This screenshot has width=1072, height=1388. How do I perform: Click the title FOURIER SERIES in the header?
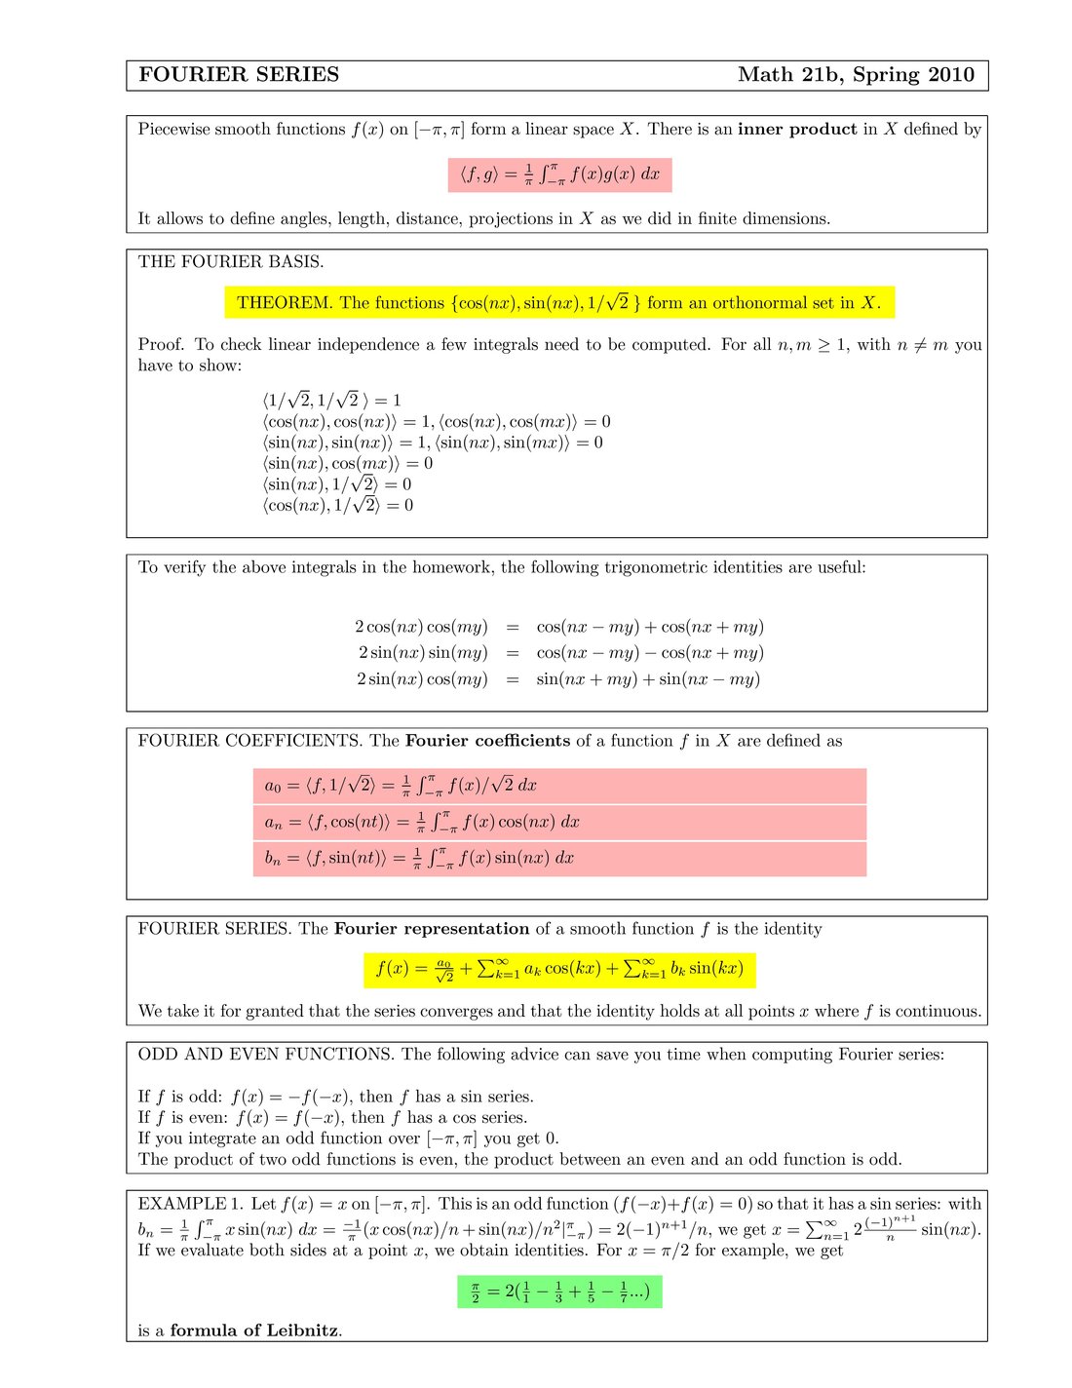click(x=239, y=75)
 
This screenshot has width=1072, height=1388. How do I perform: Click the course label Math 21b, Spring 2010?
click(x=856, y=75)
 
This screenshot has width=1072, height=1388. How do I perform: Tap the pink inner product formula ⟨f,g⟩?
click(x=559, y=174)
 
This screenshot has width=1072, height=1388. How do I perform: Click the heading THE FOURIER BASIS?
click(x=231, y=261)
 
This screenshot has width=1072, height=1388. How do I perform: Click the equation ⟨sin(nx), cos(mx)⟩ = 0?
click(x=347, y=464)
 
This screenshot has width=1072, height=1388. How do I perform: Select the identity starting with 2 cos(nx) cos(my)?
click(x=558, y=627)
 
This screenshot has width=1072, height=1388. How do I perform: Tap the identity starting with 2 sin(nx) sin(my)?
click(x=558, y=653)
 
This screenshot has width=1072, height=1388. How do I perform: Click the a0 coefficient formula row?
click(x=559, y=786)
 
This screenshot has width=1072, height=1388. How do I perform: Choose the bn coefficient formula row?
click(x=559, y=859)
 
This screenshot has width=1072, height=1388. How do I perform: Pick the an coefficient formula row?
click(x=559, y=823)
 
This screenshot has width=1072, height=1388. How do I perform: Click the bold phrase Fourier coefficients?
click(x=487, y=741)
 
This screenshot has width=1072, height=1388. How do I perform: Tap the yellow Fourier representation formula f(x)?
click(x=559, y=969)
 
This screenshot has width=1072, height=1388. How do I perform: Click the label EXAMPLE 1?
click(x=190, y=1204)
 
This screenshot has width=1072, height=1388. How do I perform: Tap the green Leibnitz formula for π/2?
click(x=559, y=1292)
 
